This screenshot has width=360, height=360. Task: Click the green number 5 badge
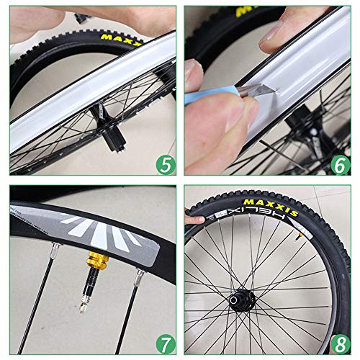pos(165,165)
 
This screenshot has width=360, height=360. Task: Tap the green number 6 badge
pos(341,165)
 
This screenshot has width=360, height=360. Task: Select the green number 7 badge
pos(165,341)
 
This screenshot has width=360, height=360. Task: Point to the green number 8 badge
pos(341,341)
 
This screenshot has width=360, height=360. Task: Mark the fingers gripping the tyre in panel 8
pos(192,218)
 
